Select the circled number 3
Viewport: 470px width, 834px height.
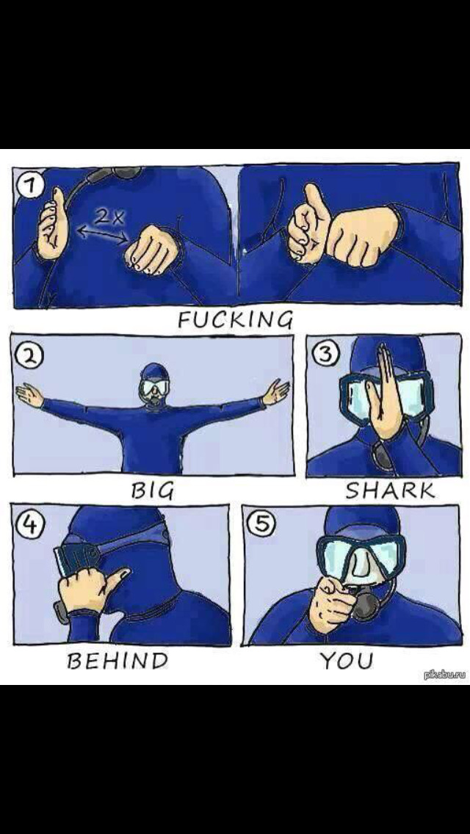[x=322, y=354]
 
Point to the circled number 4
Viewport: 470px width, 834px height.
[x=25, y=525]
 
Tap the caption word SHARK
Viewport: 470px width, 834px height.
[x=390, y=490]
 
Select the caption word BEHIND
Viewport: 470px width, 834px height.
[x=117, y=661]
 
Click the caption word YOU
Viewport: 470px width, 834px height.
[x=347, y=661]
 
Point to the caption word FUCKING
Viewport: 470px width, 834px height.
[x=235, y=319]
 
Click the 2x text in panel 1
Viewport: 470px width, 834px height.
[x=109, y=217]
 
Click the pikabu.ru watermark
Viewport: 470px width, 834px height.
[x=445, y=675]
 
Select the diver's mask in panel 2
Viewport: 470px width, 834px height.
[x=154, y=387]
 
